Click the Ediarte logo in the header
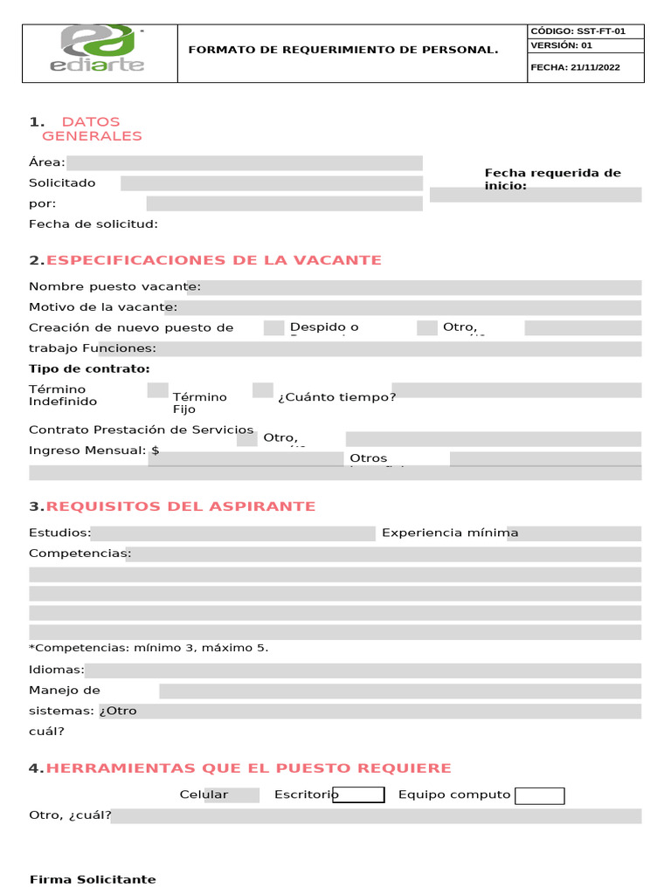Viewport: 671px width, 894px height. tap(100, 51)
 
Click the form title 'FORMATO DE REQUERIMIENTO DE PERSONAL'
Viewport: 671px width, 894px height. tap(343, 50)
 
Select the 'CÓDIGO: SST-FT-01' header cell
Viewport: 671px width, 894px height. tap(578, 31)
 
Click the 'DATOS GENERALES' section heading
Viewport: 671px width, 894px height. tap(91, 128)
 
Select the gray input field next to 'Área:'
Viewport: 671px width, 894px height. tap(245, 163)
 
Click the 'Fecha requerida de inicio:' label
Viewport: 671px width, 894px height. tap(552, 179)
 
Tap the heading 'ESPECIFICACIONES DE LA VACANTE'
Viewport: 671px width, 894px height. tap(213, 260)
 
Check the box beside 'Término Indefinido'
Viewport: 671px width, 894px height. tap(158, 390)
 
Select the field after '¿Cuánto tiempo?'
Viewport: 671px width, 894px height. tap(516, 390)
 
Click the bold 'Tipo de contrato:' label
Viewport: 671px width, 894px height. tap(89, 368)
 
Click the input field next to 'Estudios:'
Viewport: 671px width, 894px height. tap(233, 533)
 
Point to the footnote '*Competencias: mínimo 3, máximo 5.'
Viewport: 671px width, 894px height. tap(149, 648)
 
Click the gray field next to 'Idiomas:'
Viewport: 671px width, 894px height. tap(363, 670)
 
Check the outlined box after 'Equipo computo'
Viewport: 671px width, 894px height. tap(539, 795)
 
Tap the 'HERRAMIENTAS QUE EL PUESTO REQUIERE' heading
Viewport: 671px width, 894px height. tap(248, 768)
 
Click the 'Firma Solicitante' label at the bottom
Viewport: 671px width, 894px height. tap(93, 879)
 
